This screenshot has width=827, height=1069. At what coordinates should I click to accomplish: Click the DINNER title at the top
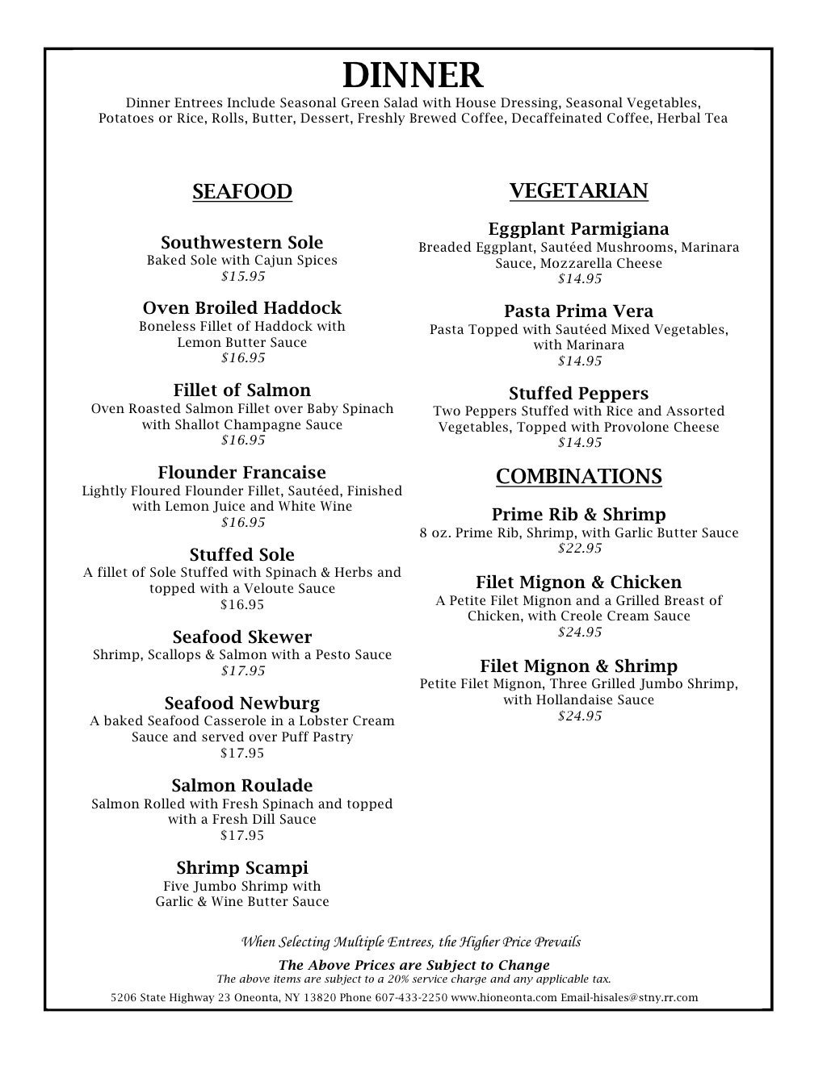pyautogui.click(x=413, y=76)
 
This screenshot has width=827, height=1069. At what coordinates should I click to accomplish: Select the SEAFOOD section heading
pyautogui.click(x=242, y=192)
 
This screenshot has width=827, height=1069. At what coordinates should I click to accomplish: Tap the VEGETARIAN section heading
pyautogui.click(x=578, y=191)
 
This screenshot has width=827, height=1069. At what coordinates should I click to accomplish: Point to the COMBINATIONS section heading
pyautogui.click(x=578, y=477)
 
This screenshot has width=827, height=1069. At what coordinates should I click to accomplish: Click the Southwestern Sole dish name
pyautogui.click(x=242, y=243)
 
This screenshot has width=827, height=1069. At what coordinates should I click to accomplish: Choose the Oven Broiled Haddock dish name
pyautogui.click(x=242, y=308)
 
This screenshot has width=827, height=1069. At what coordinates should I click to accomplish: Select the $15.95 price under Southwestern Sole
pyautogui.click(x=243, y=277)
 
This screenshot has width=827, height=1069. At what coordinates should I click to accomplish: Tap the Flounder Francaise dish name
pyautogui.click(x=242, y=473)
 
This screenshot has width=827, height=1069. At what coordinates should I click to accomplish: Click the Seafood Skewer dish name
pyautogui.click(x=242, y=637)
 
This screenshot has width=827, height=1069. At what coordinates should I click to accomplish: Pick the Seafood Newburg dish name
pyautogui.click(x=242, y=704)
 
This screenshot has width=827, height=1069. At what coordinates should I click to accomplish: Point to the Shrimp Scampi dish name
pyautogui.click(x=242, y=868)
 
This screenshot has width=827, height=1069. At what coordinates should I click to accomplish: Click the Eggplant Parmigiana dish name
pyautogui.click(x=578, y=229)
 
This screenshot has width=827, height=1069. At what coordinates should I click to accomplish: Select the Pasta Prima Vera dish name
pyautogui.click(x=578, y=311)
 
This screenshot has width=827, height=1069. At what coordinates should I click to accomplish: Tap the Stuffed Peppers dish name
pyautogui.click(x=578, y=394)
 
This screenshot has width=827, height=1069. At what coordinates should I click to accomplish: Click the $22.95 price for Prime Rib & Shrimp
pyautogui.click(x=580, y=549)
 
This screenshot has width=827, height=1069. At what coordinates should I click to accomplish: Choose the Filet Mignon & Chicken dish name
pyautogui.click(x=578, y=583)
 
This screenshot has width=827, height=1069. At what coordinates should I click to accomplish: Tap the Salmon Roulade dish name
pyautogui.click(x=242, y=786)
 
